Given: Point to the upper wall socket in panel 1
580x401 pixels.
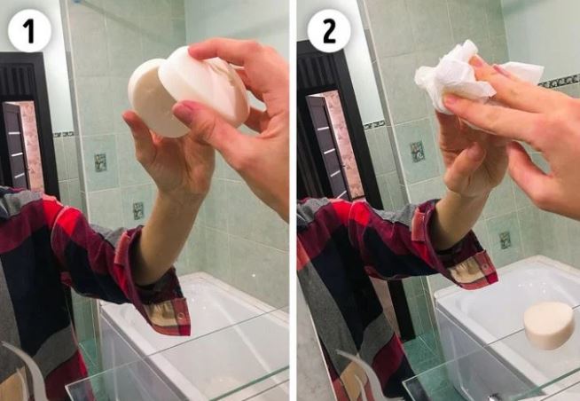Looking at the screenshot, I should point(100,162).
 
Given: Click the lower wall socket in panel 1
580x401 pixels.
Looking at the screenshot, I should point(137,210).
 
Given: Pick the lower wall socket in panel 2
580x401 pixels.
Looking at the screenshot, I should point(504,240).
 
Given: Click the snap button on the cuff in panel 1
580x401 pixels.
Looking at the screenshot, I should point(184,314).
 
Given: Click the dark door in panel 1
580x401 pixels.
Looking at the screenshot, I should point(20,133).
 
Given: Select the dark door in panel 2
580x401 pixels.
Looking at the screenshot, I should point(321,133).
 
